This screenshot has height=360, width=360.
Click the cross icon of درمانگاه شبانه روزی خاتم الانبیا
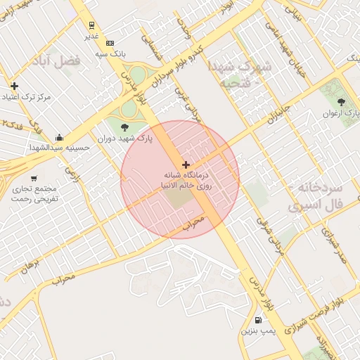186,164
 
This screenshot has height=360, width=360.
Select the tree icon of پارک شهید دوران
125,127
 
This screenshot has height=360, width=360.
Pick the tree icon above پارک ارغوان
341,102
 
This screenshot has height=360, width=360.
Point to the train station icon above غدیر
93,22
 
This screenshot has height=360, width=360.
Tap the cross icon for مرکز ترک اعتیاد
14,86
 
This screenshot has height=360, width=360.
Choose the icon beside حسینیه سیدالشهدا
58,137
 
